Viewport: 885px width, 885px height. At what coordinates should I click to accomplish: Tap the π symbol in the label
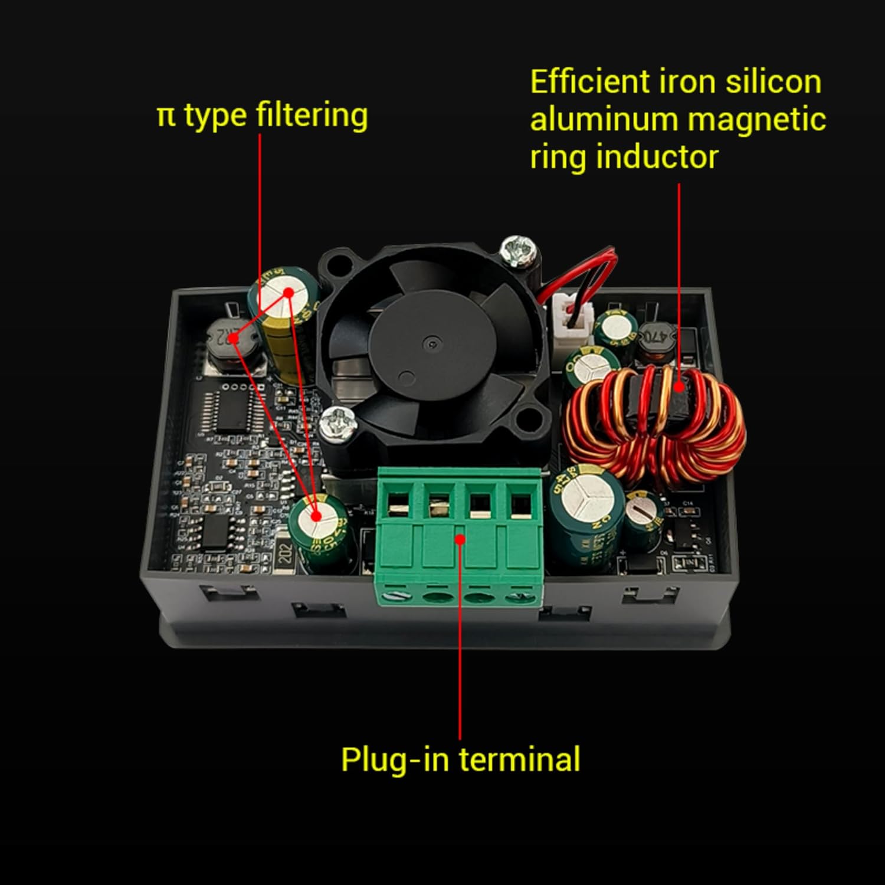tap(166, 116)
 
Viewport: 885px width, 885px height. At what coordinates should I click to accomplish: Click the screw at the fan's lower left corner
tap(337, 424)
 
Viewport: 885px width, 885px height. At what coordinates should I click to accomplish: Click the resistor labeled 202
tap(286, 554)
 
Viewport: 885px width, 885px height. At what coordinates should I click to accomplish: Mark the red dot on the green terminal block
tap(460, 538)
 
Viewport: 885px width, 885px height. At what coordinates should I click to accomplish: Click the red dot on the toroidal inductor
tap(680, 387)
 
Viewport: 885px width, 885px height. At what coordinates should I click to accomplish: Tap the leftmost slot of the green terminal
tap(398, 504)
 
